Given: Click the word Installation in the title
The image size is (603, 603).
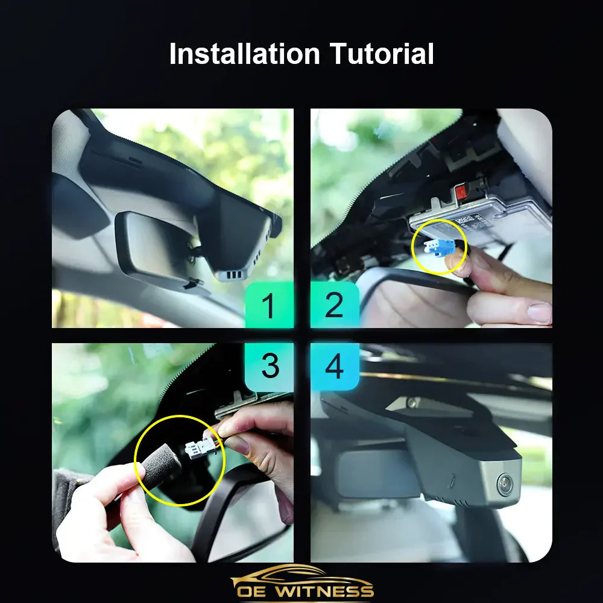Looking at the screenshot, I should pos(245,54).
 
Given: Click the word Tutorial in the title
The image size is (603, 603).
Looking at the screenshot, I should pos(381,54).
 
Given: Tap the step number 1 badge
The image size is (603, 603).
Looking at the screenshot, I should pos(269,305).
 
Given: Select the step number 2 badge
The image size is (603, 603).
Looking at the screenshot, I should pos(335,305).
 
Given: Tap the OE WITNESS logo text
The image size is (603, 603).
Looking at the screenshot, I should pos(305,590).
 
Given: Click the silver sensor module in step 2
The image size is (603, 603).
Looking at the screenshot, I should pos(482,220).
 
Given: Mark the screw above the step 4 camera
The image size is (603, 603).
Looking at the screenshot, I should pos(412,402).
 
